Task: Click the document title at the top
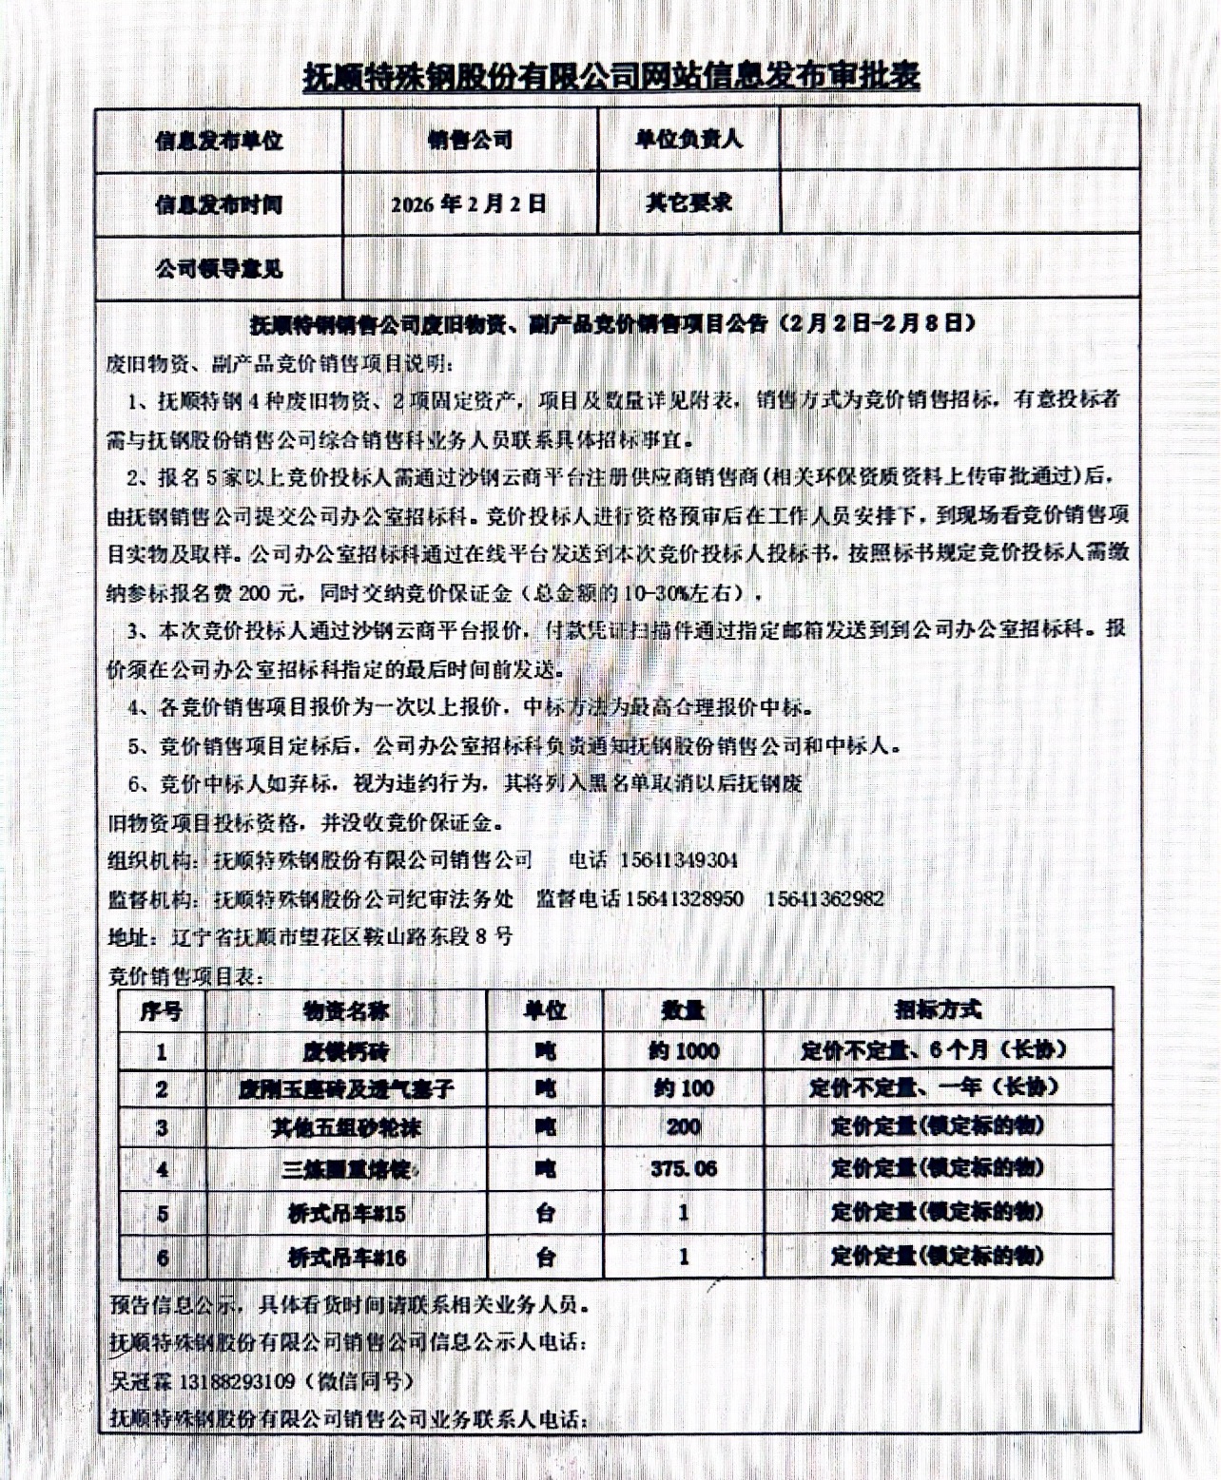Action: [611, 76]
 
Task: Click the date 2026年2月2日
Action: [469, 203]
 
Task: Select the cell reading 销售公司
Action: [470, 141]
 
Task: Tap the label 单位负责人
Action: [688, 140]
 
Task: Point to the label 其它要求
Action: [688, 202]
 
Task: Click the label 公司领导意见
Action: [219, 269]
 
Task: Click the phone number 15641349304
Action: [678, 860]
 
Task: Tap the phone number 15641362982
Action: [824, 898]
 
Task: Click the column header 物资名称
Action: [346, 1010]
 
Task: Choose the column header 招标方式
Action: [937, 1009]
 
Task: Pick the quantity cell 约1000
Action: [685, 1051]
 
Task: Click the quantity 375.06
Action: [684, 1168]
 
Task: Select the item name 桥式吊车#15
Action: [347, 1213]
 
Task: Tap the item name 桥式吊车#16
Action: [347, 1258]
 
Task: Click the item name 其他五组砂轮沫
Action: [346, 1128]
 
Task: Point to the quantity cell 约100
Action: [684, 1088]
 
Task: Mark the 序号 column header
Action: [161, 1010]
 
